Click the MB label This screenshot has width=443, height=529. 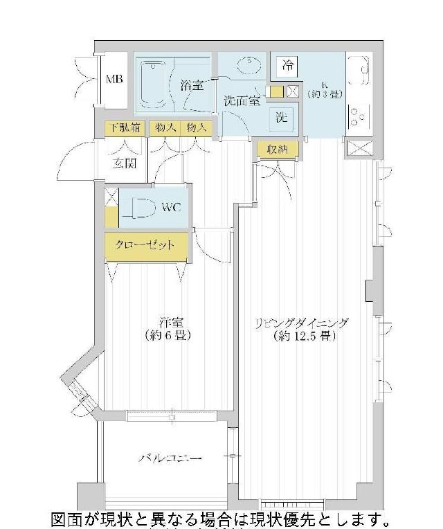click(x=114, y=80)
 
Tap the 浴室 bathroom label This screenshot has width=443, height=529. click(x=192, y=86)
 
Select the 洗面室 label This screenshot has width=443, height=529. click(x=242, y=101)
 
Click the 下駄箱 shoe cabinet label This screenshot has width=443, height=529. click(x=125, y=128)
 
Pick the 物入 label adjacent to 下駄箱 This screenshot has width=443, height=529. click(x=165, y=128)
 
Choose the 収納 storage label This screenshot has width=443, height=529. click(x=277, y=148)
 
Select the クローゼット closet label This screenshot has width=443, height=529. click(x=145, y=246)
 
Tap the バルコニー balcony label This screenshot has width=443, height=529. click(x=170, y=459)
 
